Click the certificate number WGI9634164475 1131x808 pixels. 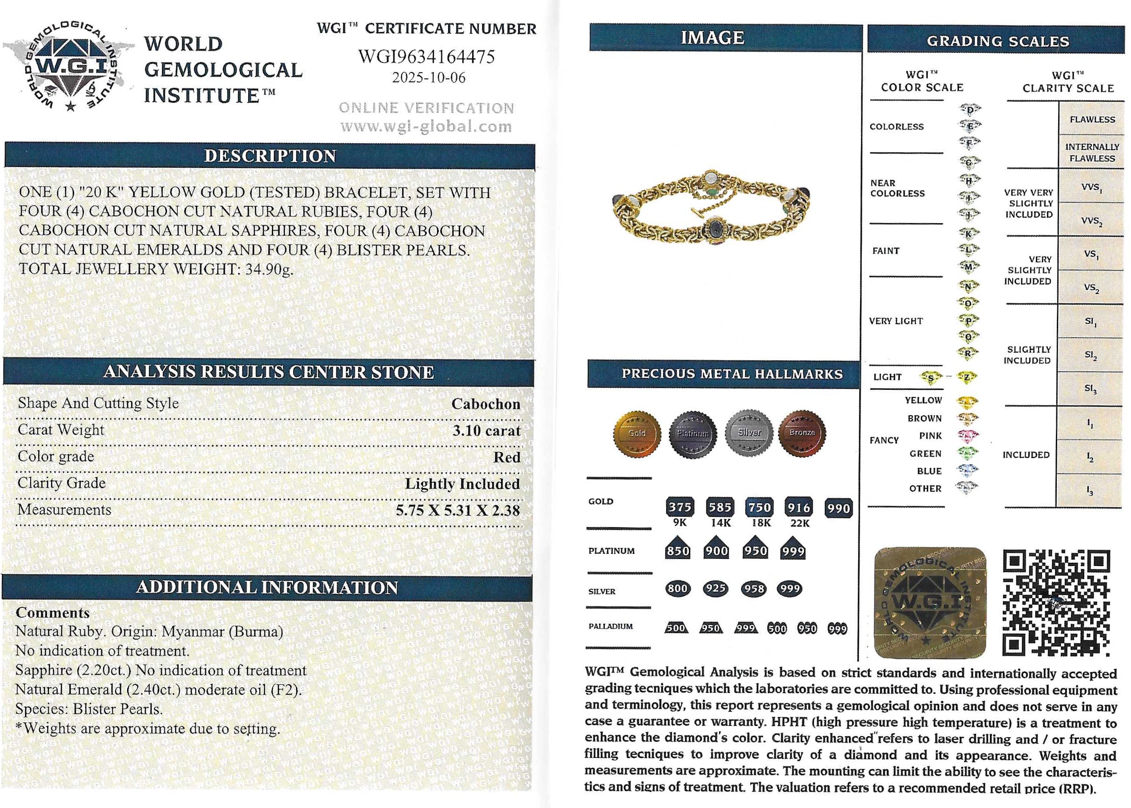coord(426,57)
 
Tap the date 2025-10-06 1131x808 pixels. coord(429,78)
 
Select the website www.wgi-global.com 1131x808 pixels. coord(426,127)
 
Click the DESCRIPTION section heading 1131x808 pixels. coord(270,156)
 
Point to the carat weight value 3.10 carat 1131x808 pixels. coord(486,430)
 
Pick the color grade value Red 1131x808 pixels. coord(506,457)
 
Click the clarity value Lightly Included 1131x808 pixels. coord(462,484)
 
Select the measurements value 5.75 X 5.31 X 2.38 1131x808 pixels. coord(457,510)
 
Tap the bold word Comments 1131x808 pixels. coord(53,612)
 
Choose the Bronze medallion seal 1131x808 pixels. coord(802,433)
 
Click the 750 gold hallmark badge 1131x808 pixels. coord(759,508)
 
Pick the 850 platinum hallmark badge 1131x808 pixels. coord(677,550)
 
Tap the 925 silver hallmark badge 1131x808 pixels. coord(715,589)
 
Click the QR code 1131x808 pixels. coord(1056,603)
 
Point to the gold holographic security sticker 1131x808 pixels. coord(930,603)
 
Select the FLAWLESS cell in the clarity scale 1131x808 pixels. coord(1092,120)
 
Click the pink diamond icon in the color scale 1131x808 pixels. coord(967,436)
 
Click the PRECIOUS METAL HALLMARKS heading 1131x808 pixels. coord(732,374)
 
